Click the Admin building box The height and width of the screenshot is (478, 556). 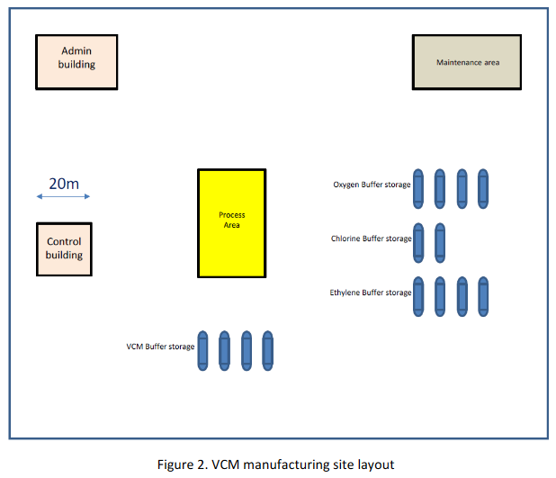coord(76,61)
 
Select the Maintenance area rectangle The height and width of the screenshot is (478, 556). coord(466,62)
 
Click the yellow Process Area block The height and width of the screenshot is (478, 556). coord(231,222)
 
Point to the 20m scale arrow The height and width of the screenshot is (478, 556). coord(63,196)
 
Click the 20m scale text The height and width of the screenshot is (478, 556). coord(63,184)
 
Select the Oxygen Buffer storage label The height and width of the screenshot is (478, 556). coord(372,185)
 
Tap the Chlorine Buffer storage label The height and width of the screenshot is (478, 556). coord(371,239)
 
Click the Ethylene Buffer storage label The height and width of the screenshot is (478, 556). coord(371,293)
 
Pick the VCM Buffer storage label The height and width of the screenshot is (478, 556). coord(160,347)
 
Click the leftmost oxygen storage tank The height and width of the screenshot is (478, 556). coord(418,188)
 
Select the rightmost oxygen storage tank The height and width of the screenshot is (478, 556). coord(483,188)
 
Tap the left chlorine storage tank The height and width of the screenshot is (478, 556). coord(418,242)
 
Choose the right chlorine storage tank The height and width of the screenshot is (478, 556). coord(440,242)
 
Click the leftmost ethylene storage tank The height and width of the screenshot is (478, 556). coord(418,296)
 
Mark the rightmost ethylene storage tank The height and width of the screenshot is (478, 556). coord(483,296)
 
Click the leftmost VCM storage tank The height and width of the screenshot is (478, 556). coord(202,350)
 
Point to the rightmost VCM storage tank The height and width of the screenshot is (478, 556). coord(267,350)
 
